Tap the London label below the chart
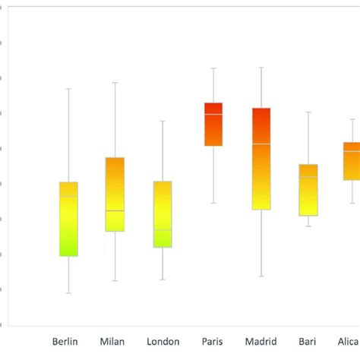(x=163, y=341)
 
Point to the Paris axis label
(x=213, y=341)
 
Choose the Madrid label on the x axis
(x=261, y=341)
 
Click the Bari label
(x=308, y=341)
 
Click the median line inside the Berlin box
(x=68, y=196)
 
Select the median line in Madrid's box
(x=261, y=144)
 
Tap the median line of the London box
(x=163, y=229)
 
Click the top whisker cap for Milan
(x=115, y=82)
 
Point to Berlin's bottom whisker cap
(x=68, y=293)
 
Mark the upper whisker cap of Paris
(x=213, y=68)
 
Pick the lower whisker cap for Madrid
(x=261, y=276)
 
